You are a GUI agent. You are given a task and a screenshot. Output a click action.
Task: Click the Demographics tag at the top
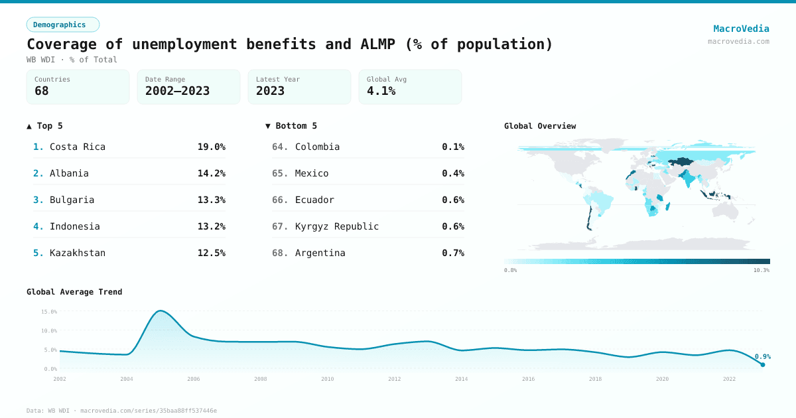(x=62, y=25)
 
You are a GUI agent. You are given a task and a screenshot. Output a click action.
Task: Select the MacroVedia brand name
(x=741, y=29)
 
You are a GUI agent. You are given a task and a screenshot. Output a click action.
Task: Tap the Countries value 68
(x=42, y=91)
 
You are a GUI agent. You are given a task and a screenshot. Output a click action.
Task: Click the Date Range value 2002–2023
(x=177, y=91)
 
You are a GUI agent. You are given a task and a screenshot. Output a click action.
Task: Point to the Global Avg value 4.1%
(x=381, y=91)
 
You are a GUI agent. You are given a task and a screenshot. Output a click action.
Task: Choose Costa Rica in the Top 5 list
(x=77, y=147)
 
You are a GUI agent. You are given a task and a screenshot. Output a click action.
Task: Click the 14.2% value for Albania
(x=211, y=173)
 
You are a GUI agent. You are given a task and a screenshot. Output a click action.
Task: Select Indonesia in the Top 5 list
(x=74, y=226)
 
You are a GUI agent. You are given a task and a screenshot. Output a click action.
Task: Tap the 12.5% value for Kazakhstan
(x=211, y=253)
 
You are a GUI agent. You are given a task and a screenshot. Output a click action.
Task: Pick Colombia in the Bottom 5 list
(x=317, y=147)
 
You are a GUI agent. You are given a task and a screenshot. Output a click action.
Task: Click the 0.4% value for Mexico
(x=452, y=173)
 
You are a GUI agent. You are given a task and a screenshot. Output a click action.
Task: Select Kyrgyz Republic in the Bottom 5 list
(x=337, y=226)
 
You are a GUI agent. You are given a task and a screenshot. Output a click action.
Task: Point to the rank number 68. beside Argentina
(x=280, y=253)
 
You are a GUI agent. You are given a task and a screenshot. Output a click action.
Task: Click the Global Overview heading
(x=540, y=126)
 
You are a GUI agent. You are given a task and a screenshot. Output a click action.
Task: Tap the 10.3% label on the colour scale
(x=761, y=271)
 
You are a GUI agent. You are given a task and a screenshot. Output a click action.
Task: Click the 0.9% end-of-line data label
(x=762, y=356)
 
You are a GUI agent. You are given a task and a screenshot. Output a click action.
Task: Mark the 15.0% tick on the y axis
(x=49, y=311)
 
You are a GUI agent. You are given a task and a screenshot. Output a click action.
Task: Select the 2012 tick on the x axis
(x=394, y=379)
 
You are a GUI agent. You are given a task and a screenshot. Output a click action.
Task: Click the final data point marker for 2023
(x=762, y=364)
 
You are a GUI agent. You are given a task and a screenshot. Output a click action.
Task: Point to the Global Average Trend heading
(x=74, y=292)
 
